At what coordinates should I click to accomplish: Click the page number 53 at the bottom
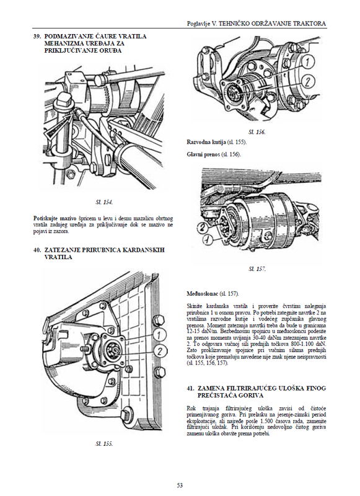(180, 485)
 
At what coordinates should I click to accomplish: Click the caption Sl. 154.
(104, 202)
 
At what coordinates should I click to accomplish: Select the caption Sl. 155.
(104, 444)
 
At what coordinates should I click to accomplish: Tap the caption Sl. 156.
(257, 132)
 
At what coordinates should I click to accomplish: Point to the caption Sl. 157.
(257, 269)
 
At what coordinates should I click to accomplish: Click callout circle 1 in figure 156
(307, 61)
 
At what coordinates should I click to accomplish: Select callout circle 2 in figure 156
(307, 82)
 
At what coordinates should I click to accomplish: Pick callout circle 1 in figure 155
(159, 334)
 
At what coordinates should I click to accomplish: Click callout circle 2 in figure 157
(203, 227)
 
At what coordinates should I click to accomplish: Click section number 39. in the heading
(37, 37)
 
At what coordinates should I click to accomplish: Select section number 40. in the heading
(37, 250)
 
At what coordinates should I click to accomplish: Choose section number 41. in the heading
(190, 388)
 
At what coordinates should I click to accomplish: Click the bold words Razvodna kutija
(206, 142)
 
